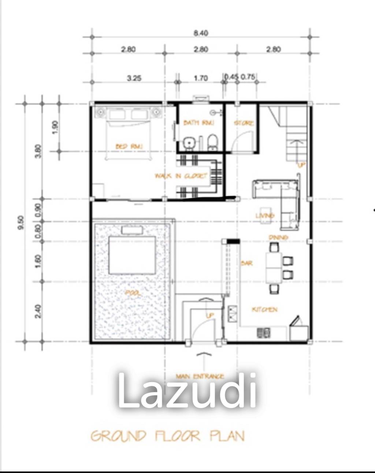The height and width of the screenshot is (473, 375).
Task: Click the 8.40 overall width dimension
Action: tap(201, 33)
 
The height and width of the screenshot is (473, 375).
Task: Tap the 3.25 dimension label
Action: tap(134, 78)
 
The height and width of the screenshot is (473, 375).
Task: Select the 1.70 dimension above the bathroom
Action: tap(201, 78)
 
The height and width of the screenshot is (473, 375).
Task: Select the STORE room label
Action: tap(244, 123)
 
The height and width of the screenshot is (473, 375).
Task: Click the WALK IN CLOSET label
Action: tap(181, 176)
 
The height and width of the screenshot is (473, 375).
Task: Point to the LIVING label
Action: tap(265, 215)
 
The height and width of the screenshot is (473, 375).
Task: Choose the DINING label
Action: tap(278, 237)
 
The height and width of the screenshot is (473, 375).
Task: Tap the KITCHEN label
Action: tap(265, 310)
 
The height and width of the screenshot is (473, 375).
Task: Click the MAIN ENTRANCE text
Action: tap(200, 376)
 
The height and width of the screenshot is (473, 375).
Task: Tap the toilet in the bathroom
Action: tap(212, 142)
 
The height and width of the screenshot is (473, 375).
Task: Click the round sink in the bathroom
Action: tap(189, 142)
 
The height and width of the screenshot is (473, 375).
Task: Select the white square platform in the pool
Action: tap(132, 255)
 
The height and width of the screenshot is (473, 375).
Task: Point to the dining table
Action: tap(273, 267)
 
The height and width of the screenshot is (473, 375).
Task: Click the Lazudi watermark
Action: tap(187, 391)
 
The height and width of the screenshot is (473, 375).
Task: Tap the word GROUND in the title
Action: tap(118, 436)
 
